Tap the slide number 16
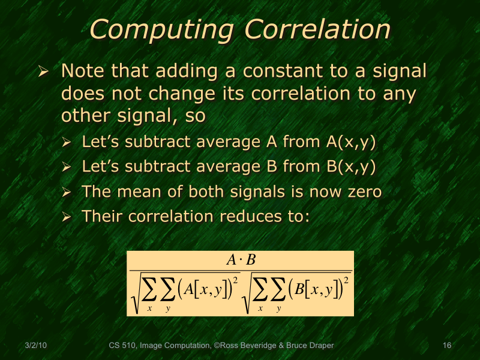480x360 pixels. pos(446,346)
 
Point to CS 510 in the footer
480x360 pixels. pos(123,346)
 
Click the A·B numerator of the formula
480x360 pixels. pos(241,260)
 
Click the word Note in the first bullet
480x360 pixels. pos(81,71)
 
